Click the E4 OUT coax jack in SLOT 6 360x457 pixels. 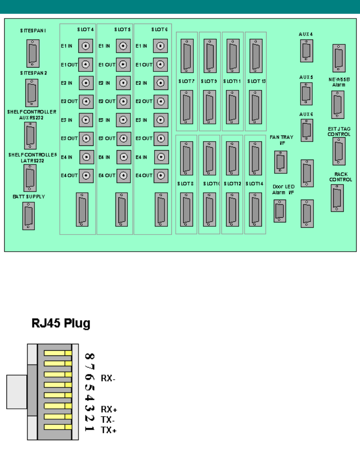coord(161,175)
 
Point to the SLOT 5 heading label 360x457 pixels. coord(122,30)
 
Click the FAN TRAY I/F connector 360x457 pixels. coord(281,162)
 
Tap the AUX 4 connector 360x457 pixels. coord(306,51)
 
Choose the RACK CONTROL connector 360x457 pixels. coord(337,198)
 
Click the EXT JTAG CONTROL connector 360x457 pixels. coord(339,151)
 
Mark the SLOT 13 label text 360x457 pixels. coord(256,81)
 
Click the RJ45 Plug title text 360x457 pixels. coord(61,324)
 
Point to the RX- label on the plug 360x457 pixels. coord(109,378)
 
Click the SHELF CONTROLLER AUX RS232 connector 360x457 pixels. coord(31,136)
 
